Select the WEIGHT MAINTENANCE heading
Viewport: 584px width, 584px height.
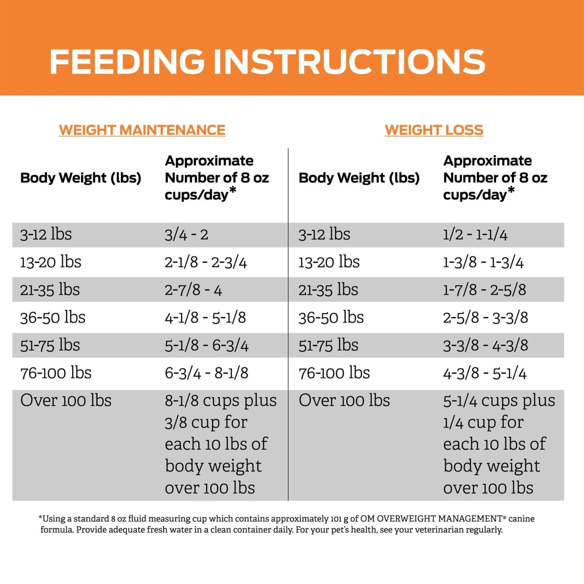click(x=142, y=130)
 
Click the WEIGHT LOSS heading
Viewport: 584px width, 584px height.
click(x=434, y=130)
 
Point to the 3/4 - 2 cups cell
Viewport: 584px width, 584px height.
click(x=186, y=235)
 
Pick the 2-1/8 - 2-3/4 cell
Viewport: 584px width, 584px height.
click(x=206, y=262)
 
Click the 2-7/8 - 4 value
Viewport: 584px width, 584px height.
click(x=193, y=290)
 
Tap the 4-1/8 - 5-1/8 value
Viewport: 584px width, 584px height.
click(x=205, y=318)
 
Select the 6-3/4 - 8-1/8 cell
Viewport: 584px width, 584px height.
click(x=206, y=373)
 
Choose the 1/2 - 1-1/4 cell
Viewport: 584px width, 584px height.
click(x=475, y=235)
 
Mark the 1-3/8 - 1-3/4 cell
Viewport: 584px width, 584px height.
click(x=483, y=262)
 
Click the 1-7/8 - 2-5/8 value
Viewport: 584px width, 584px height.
click(x=485, y=290)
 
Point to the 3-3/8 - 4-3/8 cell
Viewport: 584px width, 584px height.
click(x=485, y=345)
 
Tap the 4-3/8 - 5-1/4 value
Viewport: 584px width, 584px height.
click(x=485, y=373)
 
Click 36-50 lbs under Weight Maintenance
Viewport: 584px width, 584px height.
click(x=53, y=318)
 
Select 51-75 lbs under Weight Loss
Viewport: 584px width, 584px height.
click(x=328, y=345)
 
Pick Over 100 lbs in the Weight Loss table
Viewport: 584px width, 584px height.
click(x=344, y=401)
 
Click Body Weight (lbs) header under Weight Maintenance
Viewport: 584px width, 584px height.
click(x=81, y=178)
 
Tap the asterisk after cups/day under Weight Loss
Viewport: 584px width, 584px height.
click(x=511, y=190)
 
